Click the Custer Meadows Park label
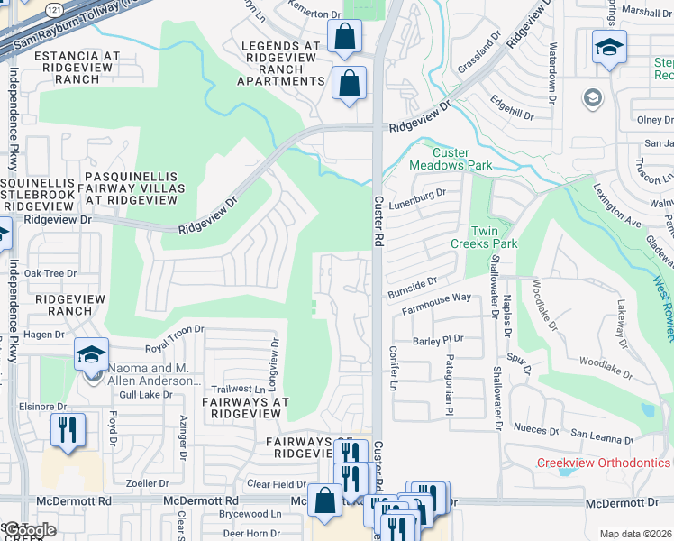(451, 159)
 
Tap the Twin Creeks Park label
(484, 237)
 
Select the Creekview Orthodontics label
(604, 463)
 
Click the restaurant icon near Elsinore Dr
(68, 431)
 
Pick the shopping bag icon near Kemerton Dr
(344, 38)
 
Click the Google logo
(28, 530)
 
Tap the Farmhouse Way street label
(435, 298)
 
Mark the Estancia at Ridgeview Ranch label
(77, 68)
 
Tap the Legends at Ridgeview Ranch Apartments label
(279, 63)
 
